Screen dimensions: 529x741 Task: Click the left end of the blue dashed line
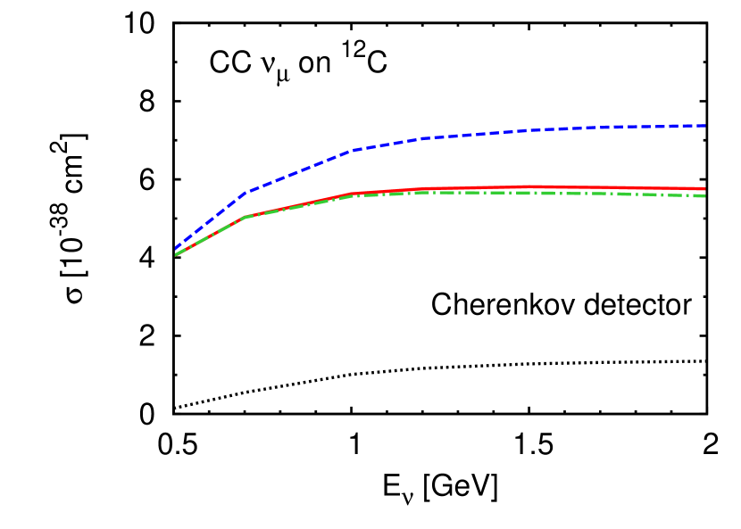[x=177, y=247]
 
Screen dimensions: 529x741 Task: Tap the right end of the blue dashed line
[x=705, y=126]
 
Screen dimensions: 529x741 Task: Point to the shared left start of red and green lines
[x=177, y=254]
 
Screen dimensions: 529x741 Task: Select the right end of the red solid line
[x=704, y=189]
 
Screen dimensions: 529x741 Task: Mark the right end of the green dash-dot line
[x=704, y=195]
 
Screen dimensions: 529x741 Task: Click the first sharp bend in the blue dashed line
[x=246, y=192]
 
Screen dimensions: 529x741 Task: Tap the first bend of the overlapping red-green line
[x=246, y=216]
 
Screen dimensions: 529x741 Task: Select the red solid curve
[x=536, y=187]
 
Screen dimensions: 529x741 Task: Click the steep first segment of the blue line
[x=210, y=220]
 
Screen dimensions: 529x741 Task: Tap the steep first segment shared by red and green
[x=211, y=236]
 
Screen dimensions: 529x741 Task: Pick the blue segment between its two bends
[x=299, y=170]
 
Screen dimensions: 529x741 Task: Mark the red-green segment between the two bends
[x=299, y=205]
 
